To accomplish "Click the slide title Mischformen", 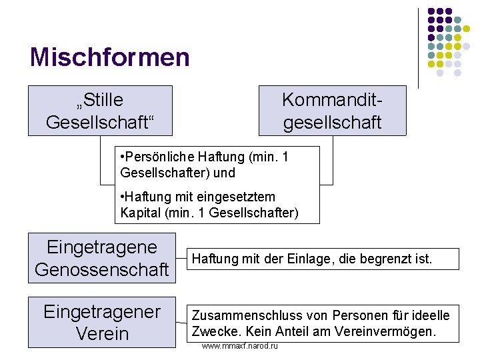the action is pos(110,57).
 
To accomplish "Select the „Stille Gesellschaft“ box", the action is pos(100,111).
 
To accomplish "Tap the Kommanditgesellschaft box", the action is pos(332,111).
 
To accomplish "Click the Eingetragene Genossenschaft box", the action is pos(102,258).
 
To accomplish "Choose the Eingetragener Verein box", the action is pos(102,322).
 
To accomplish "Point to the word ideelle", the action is pos(431,315).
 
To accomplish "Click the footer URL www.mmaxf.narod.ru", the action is pos(239,347).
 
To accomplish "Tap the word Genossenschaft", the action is pos(102,269).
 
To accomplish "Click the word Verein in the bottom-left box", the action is pos(102,333).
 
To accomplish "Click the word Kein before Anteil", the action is pos(253,331).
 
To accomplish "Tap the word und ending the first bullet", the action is pos(225,173).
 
